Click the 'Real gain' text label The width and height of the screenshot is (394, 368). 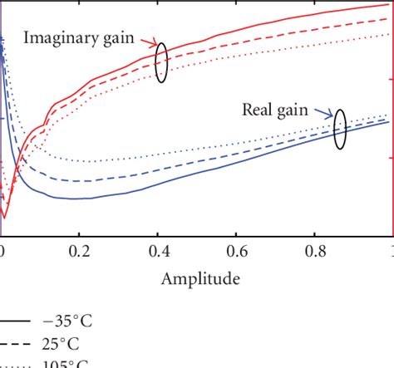283,109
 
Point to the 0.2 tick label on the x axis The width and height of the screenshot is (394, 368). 80,249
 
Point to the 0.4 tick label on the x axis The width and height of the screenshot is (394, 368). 158,249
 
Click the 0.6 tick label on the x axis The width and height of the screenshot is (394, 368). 237,249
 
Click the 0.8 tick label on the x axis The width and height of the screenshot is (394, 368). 315,249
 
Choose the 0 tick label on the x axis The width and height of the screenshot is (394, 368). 2,249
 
